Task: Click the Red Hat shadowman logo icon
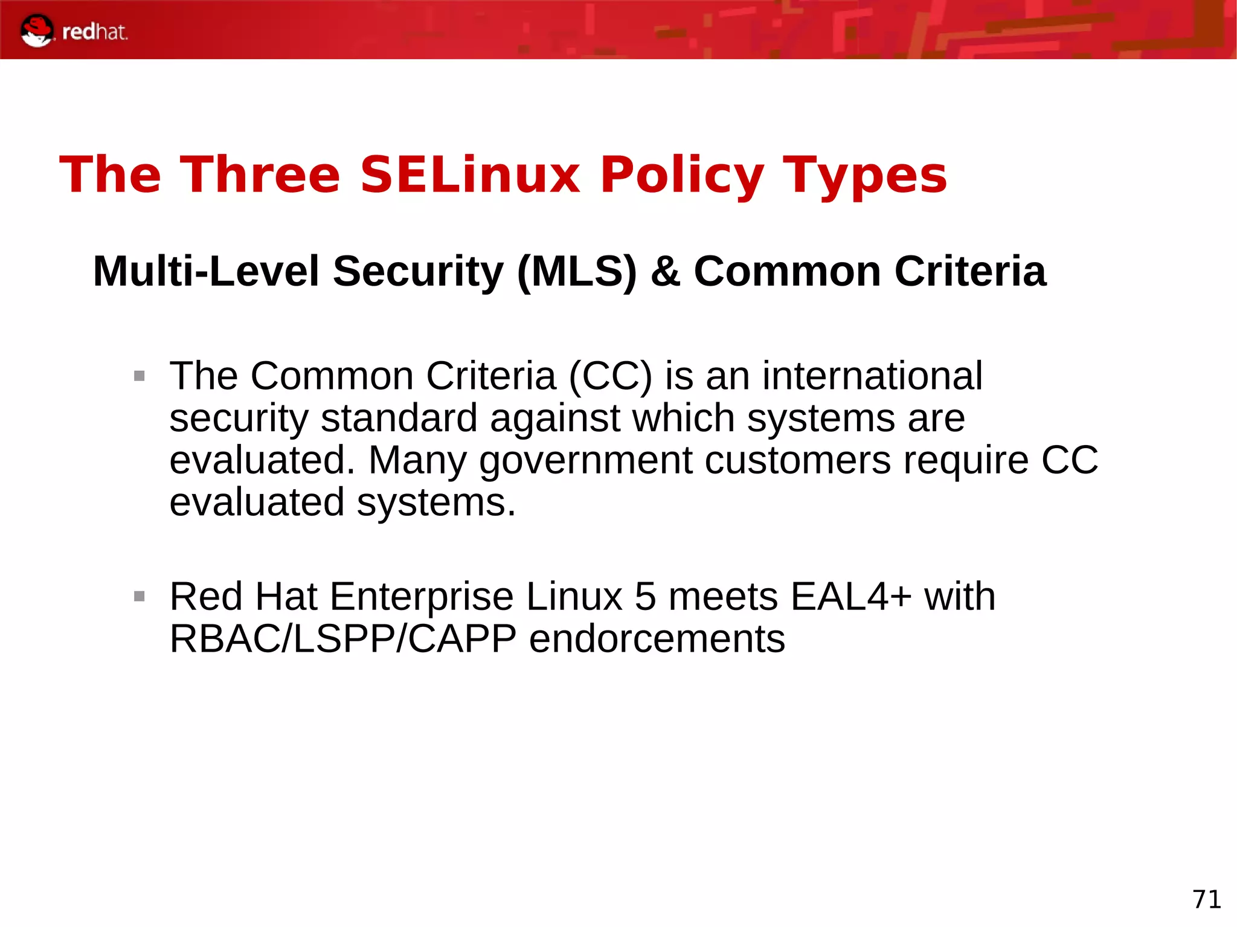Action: [36, 31]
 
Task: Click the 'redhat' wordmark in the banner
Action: [95, 32]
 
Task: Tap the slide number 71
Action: [1206, 899]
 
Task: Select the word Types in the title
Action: [864, 175]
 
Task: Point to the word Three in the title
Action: [260, 175]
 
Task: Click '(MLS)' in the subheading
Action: [577, 271]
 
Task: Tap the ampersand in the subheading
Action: [666, 271]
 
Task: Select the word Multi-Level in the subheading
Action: [206, 271]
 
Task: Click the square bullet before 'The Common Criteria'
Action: [140, 376]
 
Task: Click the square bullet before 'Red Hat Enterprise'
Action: [140, 597]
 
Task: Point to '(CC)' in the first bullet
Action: [610, 376]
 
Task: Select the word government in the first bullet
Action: [585, 461]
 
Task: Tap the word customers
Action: [797, 461]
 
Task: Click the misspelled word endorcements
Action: [657, 639]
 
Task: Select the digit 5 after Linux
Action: [645, 597]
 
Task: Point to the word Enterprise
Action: [421, 597]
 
